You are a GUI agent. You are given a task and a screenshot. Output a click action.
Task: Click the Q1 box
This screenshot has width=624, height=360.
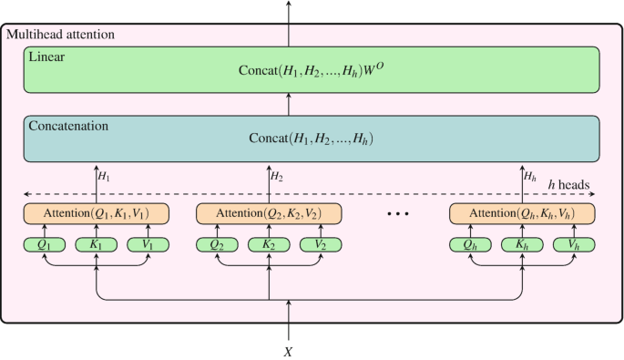(x=44, y=244)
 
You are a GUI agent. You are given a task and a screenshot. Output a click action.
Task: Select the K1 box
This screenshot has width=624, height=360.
(x=96, y=244)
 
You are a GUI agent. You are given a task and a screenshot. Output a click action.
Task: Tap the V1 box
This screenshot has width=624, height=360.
(x=148, y=244)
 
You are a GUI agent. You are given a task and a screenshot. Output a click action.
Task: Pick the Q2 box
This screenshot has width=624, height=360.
(x=217, y=244)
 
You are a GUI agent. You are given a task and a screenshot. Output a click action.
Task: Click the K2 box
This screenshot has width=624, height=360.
(x=269, y=244)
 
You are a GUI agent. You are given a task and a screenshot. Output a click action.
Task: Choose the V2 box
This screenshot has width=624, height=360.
(x=321, y=244)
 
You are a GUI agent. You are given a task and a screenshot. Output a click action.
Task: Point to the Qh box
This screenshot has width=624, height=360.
(x=470, y=244)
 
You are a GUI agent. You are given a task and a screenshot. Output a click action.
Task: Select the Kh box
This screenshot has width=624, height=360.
(x=522, y=244)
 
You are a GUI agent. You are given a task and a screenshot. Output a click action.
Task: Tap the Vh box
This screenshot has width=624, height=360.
(x=574, y=244)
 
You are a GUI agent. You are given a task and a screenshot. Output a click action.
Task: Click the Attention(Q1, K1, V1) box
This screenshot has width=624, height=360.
(x=96, y=213)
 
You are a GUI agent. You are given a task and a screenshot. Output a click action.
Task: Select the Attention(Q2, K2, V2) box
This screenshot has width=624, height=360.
(x=269, y=213)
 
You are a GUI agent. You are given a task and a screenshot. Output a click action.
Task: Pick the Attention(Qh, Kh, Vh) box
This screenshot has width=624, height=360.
(x=522, y=213)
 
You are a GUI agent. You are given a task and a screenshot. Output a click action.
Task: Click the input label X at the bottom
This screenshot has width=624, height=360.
(x=289, y=350)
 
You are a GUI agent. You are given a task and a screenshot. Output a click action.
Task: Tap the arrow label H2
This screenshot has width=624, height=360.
(x=279, y=176)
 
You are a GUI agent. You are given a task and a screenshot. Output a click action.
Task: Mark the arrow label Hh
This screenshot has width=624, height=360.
(x=532, y=176)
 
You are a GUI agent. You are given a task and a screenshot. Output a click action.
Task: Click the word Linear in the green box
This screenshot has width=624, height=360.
(x=47, y=57)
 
